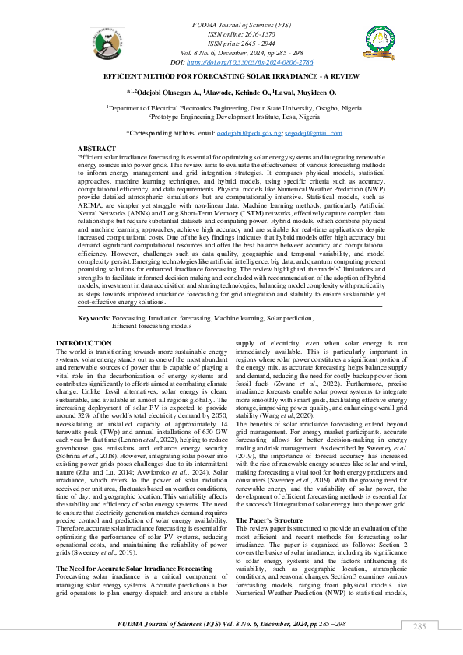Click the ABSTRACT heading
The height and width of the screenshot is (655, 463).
(96, 148)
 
